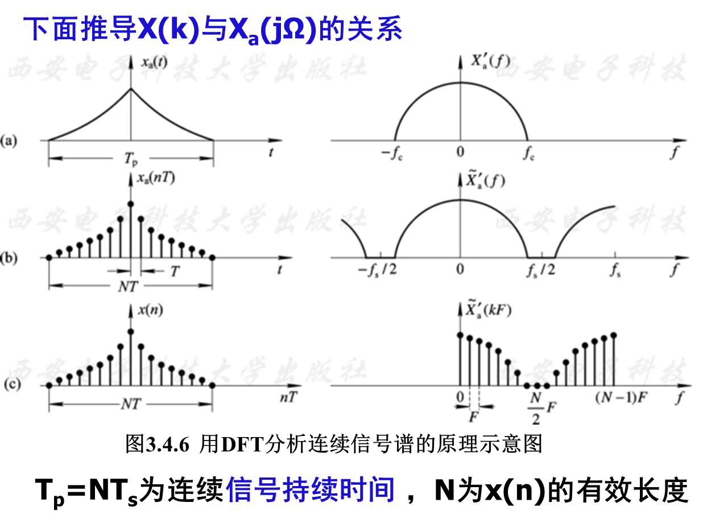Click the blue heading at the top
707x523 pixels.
[x=213, y=29]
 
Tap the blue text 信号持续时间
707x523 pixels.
[x=310, y=489]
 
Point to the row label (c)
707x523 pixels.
[x=11, y=385]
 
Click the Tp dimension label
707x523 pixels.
[x=131, y=160]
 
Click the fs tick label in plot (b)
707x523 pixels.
[x=615, y=270]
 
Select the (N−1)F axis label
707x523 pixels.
[x=621, y=397]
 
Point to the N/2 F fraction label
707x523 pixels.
[x=540, y=407]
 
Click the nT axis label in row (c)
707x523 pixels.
[x=288, y=397]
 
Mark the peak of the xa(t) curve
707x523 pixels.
[x=131, y=88]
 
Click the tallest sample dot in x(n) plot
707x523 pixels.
[x=131, y=331]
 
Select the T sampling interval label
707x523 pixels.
[x=175, y=272]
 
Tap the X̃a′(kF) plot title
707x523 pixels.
[x=488, y=311]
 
